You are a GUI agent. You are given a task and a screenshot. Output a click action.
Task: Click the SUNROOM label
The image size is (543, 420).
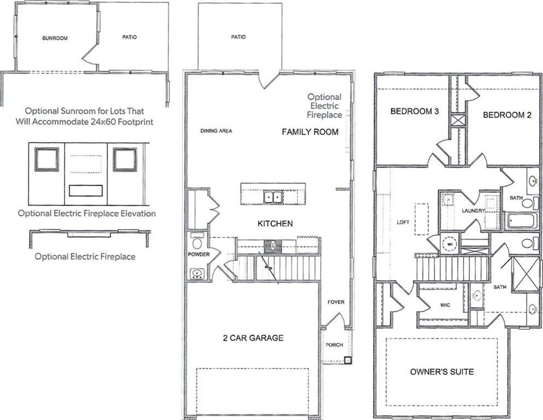click(x=55, y=38)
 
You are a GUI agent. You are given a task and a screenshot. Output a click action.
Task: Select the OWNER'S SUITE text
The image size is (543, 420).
click(x=442, y=372)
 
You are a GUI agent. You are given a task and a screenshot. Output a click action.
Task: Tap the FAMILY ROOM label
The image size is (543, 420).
click(x=310, y=132)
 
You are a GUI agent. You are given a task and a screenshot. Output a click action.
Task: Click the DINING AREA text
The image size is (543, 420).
click(x=217, y=131)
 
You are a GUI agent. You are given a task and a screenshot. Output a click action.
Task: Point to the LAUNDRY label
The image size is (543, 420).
click(x=473, y=211)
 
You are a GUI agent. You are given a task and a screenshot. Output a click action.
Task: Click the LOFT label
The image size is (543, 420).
click(x=402, y=223)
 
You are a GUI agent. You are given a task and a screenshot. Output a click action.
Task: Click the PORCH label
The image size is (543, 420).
click(x=334, y=345)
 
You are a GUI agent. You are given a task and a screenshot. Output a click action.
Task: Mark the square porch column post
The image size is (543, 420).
click(x=347, y=360)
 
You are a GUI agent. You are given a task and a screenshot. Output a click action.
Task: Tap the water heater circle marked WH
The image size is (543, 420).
click(x=450, y=244)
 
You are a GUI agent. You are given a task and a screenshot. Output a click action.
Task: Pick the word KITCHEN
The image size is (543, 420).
click(x=275, y=224)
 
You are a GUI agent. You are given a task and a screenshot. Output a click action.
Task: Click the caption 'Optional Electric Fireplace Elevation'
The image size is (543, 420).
click(x=86, y=213)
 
